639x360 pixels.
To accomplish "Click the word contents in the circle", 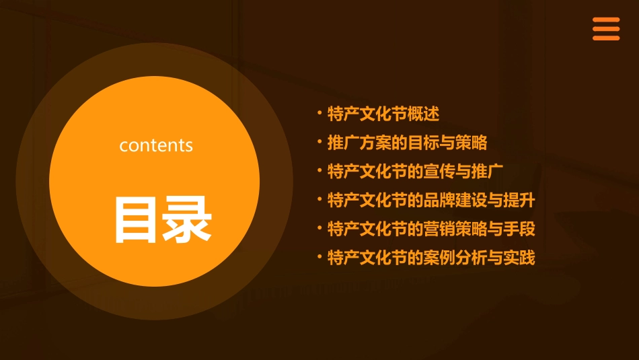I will (156, 145).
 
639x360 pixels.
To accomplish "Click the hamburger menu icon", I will (605, 29).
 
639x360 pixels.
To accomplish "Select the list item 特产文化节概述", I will (383, 114).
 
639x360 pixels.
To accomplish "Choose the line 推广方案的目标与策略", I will (407, 143).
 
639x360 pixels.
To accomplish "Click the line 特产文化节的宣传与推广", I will (415, 171).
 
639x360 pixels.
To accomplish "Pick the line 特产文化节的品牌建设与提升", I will (431, 200).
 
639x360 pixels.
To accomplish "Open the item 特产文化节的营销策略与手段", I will (431, 229).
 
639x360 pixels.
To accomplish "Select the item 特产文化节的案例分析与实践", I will (431, 257).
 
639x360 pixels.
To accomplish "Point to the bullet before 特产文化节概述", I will (320, 112).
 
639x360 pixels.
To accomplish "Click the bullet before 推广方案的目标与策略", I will (320, 141).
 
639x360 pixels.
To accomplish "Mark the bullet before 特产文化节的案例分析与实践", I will (320, 256).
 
